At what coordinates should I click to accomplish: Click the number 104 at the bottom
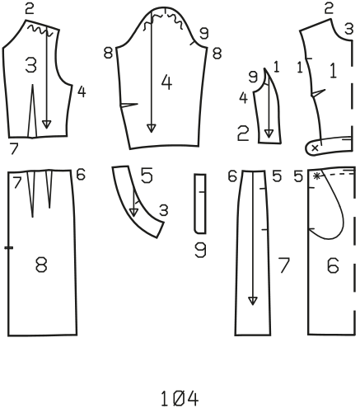click(180, 399)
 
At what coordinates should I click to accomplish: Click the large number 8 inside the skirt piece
click(41, 265)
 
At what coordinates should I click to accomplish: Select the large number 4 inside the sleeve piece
click(166, 82)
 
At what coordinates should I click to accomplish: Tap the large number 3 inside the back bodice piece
click(30, 64)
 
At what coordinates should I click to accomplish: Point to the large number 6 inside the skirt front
click(333, 265)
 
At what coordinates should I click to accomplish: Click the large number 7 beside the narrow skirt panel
click(283, 265)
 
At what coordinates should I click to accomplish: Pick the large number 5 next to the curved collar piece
click(147, 176)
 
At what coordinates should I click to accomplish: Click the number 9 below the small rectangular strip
click(200, 251)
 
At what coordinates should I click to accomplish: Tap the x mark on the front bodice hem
click(315, 148)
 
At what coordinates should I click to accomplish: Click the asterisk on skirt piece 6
click(317, 176)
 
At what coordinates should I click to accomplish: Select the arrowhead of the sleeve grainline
click(152, 129)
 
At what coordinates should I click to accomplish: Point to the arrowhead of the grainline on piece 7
click(253, 301)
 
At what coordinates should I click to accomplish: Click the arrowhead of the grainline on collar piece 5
click(133, 213)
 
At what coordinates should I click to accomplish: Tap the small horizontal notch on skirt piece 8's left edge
click(9, 248)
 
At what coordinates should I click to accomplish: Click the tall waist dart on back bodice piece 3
click(32, 111)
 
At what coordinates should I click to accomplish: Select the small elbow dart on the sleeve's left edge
click(129, 105)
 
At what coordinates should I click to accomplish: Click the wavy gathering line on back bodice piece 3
click(40, 30)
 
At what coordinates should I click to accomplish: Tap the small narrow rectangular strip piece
click(200, 204)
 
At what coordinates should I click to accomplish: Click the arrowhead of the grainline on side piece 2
click(269, 134)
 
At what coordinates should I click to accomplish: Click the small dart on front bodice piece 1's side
click(318, 92)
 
